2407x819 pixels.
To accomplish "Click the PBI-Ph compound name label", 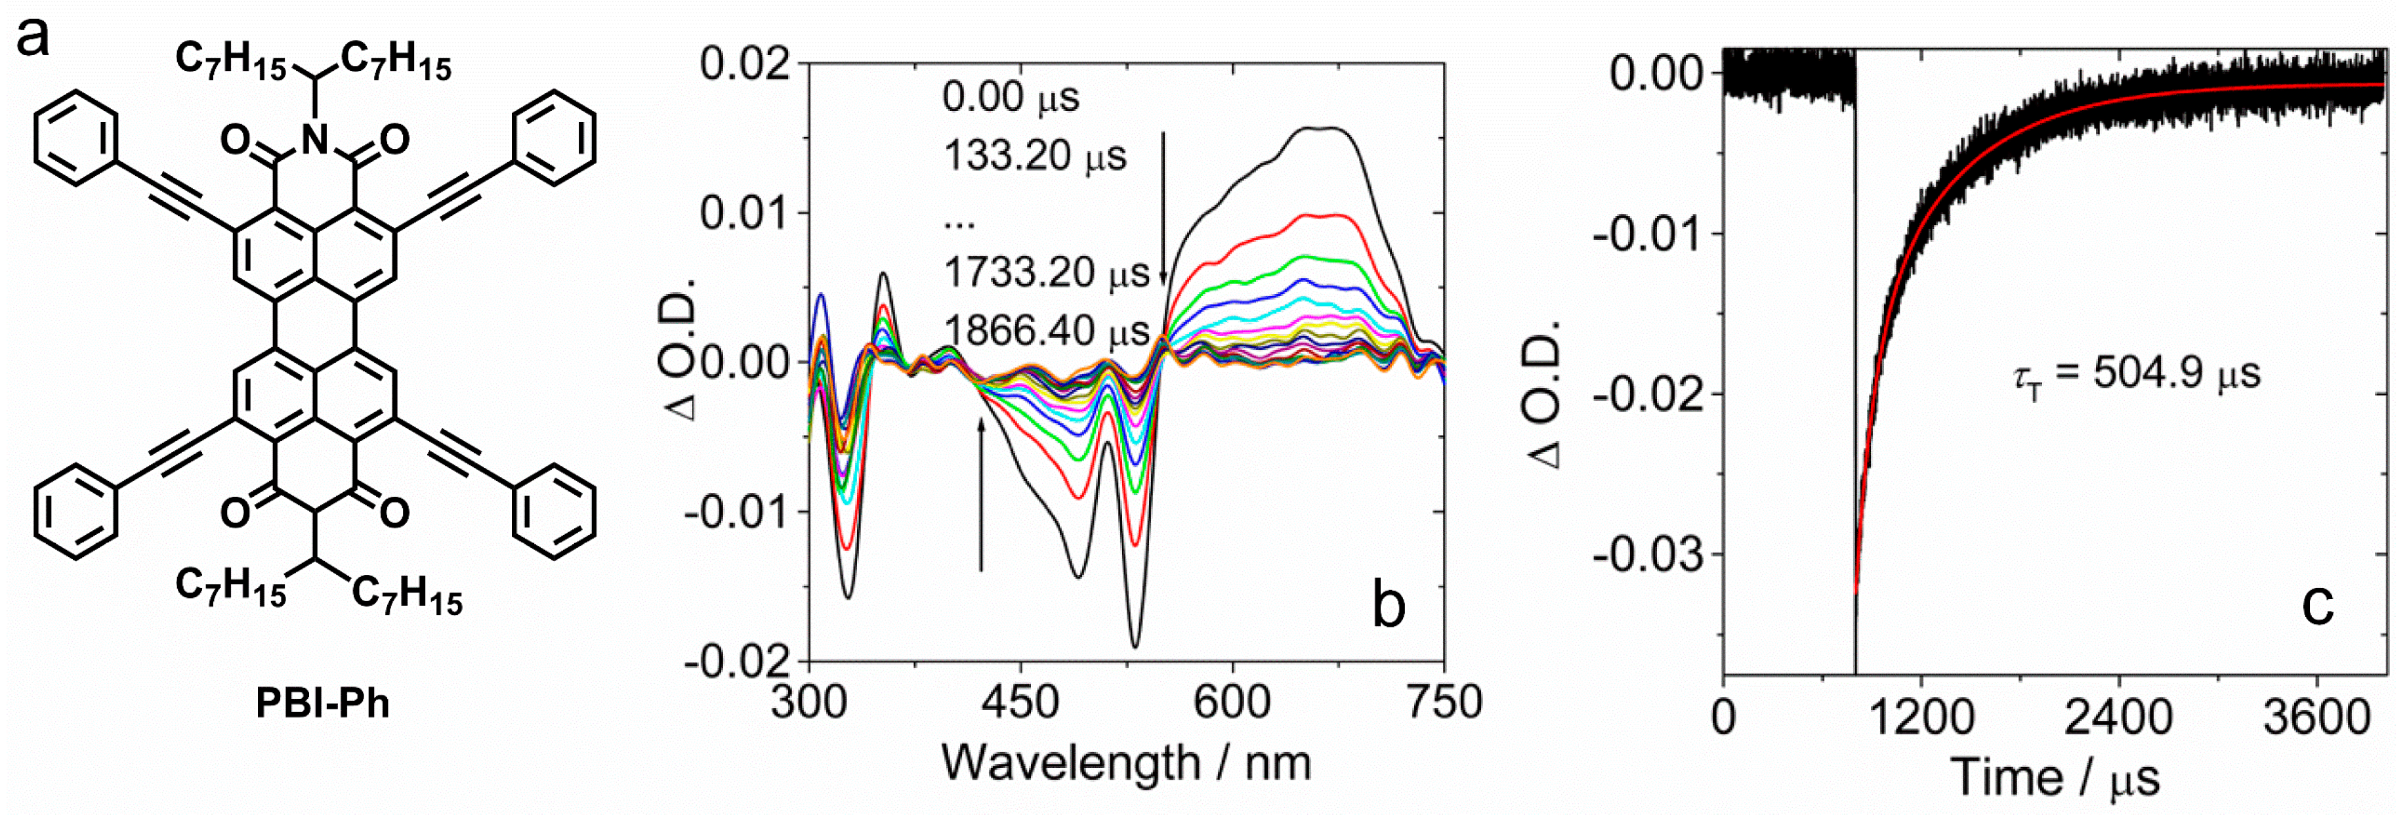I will point(322,703).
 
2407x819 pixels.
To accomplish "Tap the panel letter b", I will point(1389,605).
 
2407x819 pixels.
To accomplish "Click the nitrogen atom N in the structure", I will point(316,140).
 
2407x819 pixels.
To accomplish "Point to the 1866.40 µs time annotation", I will point(1045,331).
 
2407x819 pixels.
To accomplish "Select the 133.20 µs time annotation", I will point(1034,155).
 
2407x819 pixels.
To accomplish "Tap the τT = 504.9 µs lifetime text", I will point(2137,374).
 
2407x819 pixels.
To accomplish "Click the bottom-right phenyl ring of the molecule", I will point(554,513).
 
